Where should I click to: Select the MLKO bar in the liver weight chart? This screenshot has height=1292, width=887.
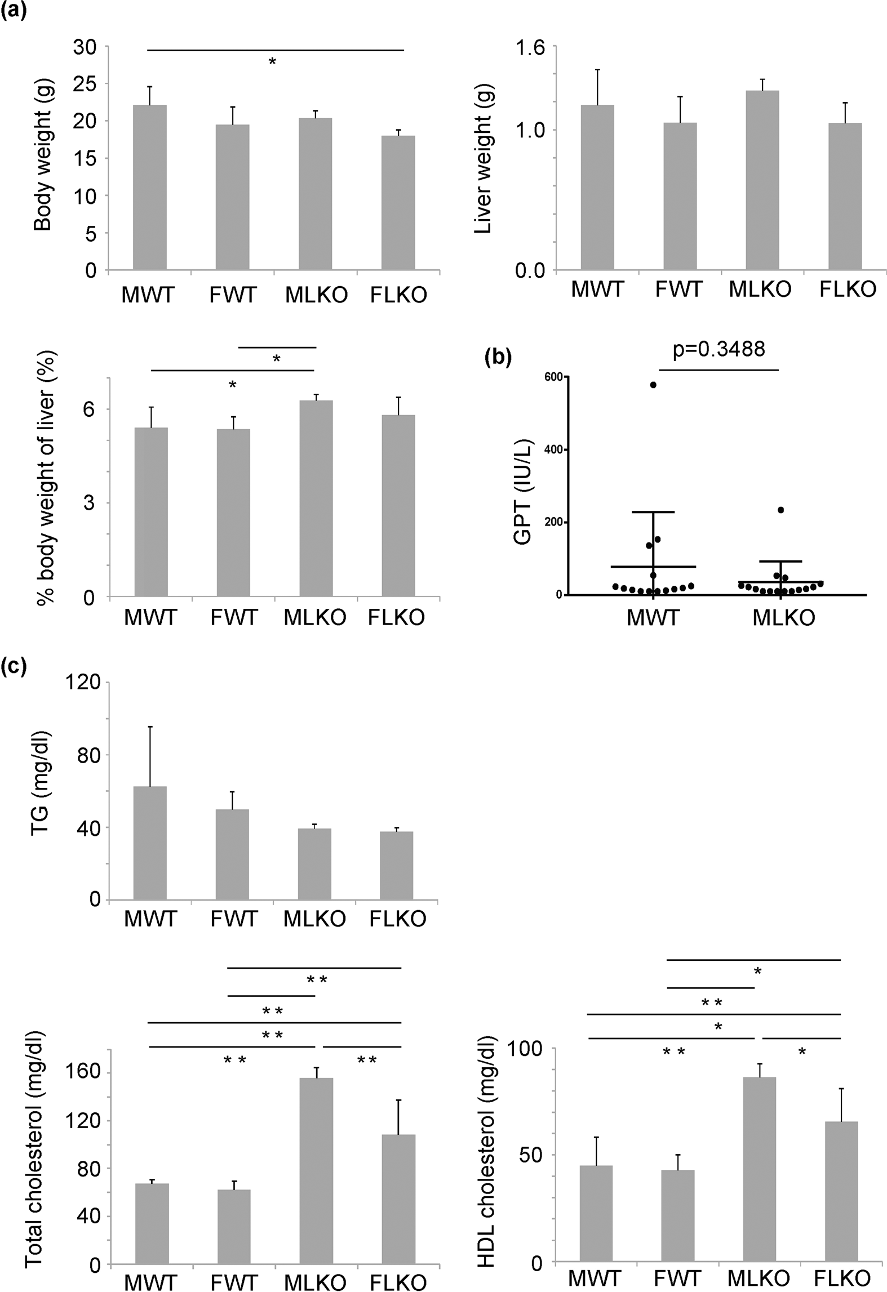click(x=762, y=180)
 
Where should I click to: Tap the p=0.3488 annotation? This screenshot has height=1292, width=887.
click(x=719, y=349)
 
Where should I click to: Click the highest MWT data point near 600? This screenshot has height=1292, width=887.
click(x=653, y=385)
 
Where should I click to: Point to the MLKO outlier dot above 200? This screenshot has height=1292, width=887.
click(x=781, y=510)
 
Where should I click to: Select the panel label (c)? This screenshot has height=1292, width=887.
click(x=14, y=666)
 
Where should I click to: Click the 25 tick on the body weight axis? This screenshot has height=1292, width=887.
click(x=85, y=84)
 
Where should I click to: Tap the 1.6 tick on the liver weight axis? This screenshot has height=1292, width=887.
click(x=530, y=48)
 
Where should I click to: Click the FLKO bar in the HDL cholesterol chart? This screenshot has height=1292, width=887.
click(x=841, y=1190)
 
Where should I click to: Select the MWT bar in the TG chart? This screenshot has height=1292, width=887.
click(x=150, y=843)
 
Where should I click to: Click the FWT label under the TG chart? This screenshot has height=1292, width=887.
click(x=233, y=919)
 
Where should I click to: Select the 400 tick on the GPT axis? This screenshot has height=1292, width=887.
click(x=553, y=449)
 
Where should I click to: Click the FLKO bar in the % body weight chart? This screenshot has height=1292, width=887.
click(x=398, y=505)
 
